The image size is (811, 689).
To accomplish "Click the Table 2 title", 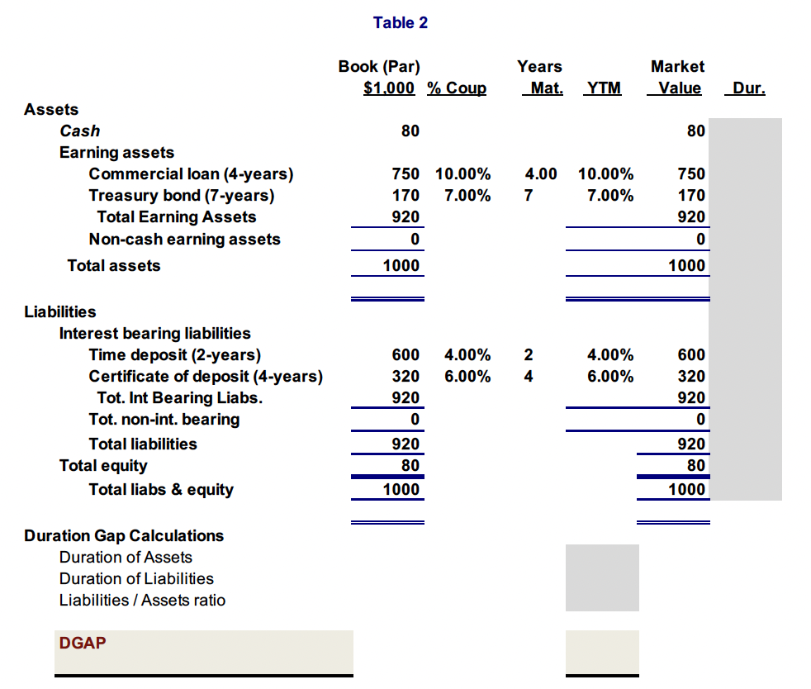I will (400, 23).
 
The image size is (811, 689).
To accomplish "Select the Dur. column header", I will (748, 88).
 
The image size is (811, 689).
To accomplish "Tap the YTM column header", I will (603, 88).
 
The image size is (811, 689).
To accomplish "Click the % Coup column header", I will (457, 88).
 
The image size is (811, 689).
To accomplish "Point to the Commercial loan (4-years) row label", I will (191, 174).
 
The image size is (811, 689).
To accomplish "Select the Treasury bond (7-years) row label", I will (182, 196).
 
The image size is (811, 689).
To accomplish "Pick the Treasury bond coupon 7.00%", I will (467, 196).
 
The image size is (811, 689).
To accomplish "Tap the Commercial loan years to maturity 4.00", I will (541, 174).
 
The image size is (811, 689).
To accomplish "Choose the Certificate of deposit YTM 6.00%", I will (610, 377).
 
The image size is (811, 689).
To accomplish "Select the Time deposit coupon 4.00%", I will (467, 355).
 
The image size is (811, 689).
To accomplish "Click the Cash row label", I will (80, 131).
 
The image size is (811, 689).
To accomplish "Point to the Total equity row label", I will (103, 466).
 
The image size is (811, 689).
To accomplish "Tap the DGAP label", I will (83, 643).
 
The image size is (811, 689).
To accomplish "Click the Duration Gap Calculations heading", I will (124, 536).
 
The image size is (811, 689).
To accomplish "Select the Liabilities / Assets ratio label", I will (142, 601).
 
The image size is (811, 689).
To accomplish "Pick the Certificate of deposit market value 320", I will (691, 377).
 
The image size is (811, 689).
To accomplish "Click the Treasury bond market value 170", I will (691, 196).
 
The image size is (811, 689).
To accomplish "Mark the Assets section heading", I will (52, 110).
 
